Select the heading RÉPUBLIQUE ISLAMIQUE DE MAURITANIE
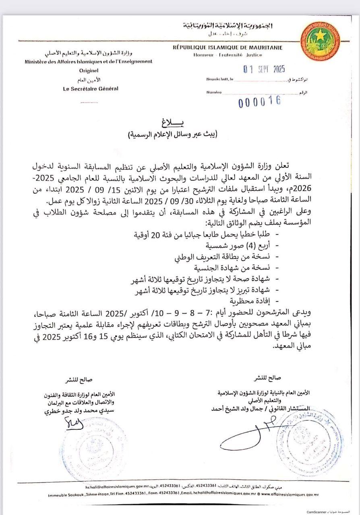click(227, 47)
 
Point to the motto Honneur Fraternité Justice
click(228, 55)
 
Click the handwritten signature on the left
click(74, 423)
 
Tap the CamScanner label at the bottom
click(322, 511)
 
